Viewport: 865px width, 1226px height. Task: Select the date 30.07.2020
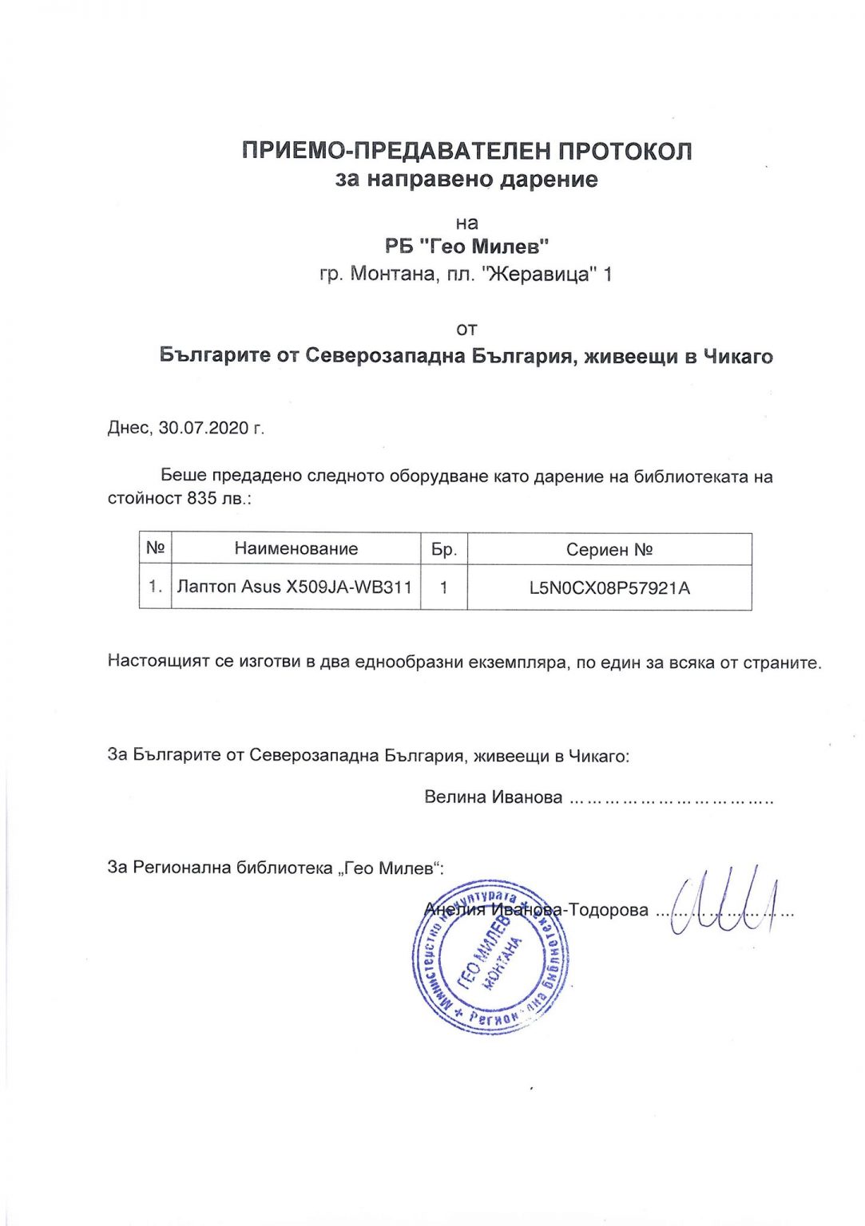tap(204, 428)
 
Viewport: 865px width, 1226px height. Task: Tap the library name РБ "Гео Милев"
tap(466, 247)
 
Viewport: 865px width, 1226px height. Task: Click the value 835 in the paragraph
tap(202, 499)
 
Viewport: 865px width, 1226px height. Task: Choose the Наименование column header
tap(296, 549)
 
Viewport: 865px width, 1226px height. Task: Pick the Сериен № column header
tap(609, 550)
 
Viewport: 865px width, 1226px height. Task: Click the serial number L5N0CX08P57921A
tap(609, 588)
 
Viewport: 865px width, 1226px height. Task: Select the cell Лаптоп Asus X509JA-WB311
tap(295, 587)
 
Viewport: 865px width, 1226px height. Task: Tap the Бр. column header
tap(443, 550)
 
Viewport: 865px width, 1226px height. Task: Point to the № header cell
tap(155, 549)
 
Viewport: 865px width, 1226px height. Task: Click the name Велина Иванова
tap(493, 797)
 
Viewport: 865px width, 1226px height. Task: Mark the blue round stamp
tap(490, 958)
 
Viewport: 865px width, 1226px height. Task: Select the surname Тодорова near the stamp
tap(608, 910)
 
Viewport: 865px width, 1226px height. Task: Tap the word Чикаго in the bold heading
tap(737, 356)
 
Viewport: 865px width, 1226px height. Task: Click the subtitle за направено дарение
tap(466, 179)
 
